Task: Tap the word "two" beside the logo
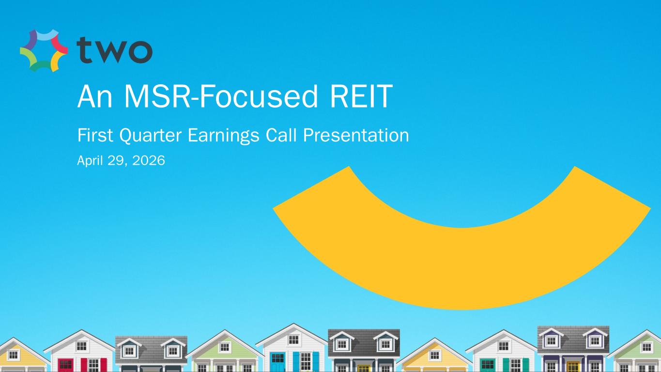(x=114, y=50)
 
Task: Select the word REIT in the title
(x=361, y=96)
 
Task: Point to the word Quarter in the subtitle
(x=150, y=136)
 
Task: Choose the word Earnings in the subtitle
(x=223, y=136)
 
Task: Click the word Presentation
(x=356, y=135)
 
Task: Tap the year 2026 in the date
(x=149, y=161)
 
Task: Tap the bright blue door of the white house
(x=277, y=362)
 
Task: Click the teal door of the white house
(x=488, y=366)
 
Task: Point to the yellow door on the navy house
(x=364, y=369)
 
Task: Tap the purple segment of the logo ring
(x=31, y=38)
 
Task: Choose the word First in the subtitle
(x=95, y=135)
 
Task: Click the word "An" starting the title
(x=95, y=96)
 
